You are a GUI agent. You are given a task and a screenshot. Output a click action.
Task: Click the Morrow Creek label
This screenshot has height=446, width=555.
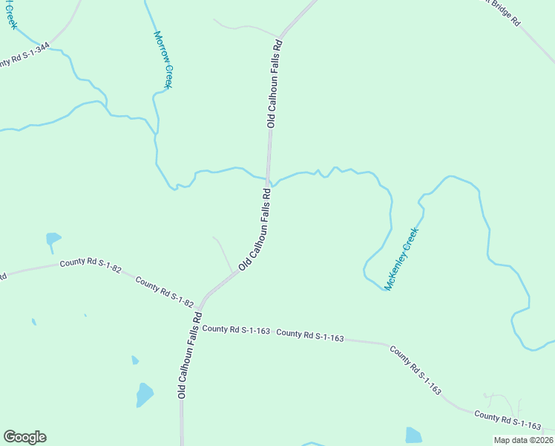click(x=163, y=59)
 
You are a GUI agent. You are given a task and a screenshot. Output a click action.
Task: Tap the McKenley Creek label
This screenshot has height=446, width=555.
click(x=401, y=259)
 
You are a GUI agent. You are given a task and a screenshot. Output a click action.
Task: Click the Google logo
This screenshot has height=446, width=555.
click(x=24, y=437)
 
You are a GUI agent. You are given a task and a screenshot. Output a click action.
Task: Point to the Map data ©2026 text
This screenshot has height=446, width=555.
click(x=522, y=440)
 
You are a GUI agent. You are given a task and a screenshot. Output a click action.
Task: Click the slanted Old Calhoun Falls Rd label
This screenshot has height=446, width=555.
click(x=254, y=229)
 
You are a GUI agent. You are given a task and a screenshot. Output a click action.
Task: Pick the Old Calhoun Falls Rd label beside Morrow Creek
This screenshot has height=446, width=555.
click(x=272, y=84)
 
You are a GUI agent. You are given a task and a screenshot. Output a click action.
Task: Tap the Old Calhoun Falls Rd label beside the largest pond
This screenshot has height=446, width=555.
click(x=189, y=355)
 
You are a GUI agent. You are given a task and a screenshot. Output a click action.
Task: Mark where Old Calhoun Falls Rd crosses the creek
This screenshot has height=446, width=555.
click(x=269, y=178)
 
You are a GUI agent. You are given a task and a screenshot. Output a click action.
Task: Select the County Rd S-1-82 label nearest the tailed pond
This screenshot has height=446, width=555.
click(x=91, y=265)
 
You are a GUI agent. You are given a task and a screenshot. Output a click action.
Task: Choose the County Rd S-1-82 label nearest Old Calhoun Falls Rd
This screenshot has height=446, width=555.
click(x=165, y=291)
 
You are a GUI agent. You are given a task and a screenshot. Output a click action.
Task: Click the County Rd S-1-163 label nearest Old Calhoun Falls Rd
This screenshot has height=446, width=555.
click(x=235, y=329)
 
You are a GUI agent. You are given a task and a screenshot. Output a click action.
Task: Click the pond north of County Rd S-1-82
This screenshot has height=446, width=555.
click(x=53, y=239)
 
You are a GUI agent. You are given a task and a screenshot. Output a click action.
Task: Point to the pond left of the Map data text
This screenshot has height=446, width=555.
click(x=413, y=435)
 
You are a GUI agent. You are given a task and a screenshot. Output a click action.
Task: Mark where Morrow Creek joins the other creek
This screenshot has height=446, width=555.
click(x=156, y=134)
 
